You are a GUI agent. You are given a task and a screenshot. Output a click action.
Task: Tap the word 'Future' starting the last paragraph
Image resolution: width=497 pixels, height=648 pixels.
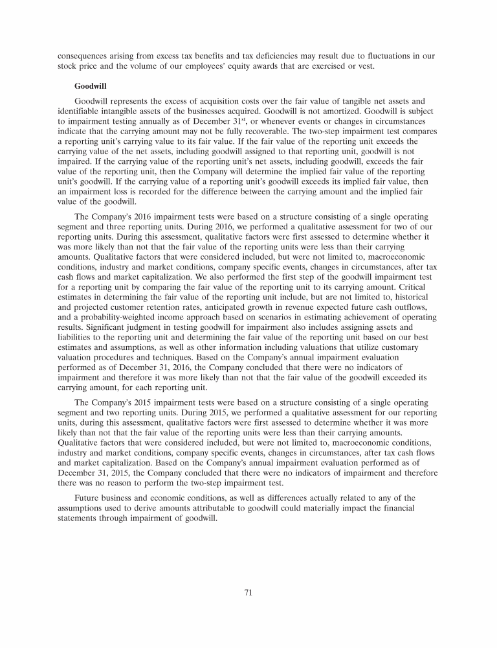[x=88, y=497]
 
